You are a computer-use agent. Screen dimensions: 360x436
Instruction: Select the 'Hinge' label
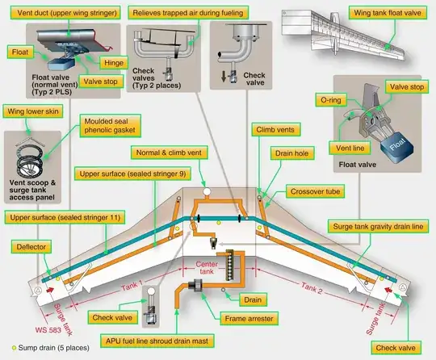click(x=111, y=62)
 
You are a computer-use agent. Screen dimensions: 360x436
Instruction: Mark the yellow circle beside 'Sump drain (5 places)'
click(x=6, y=354)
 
